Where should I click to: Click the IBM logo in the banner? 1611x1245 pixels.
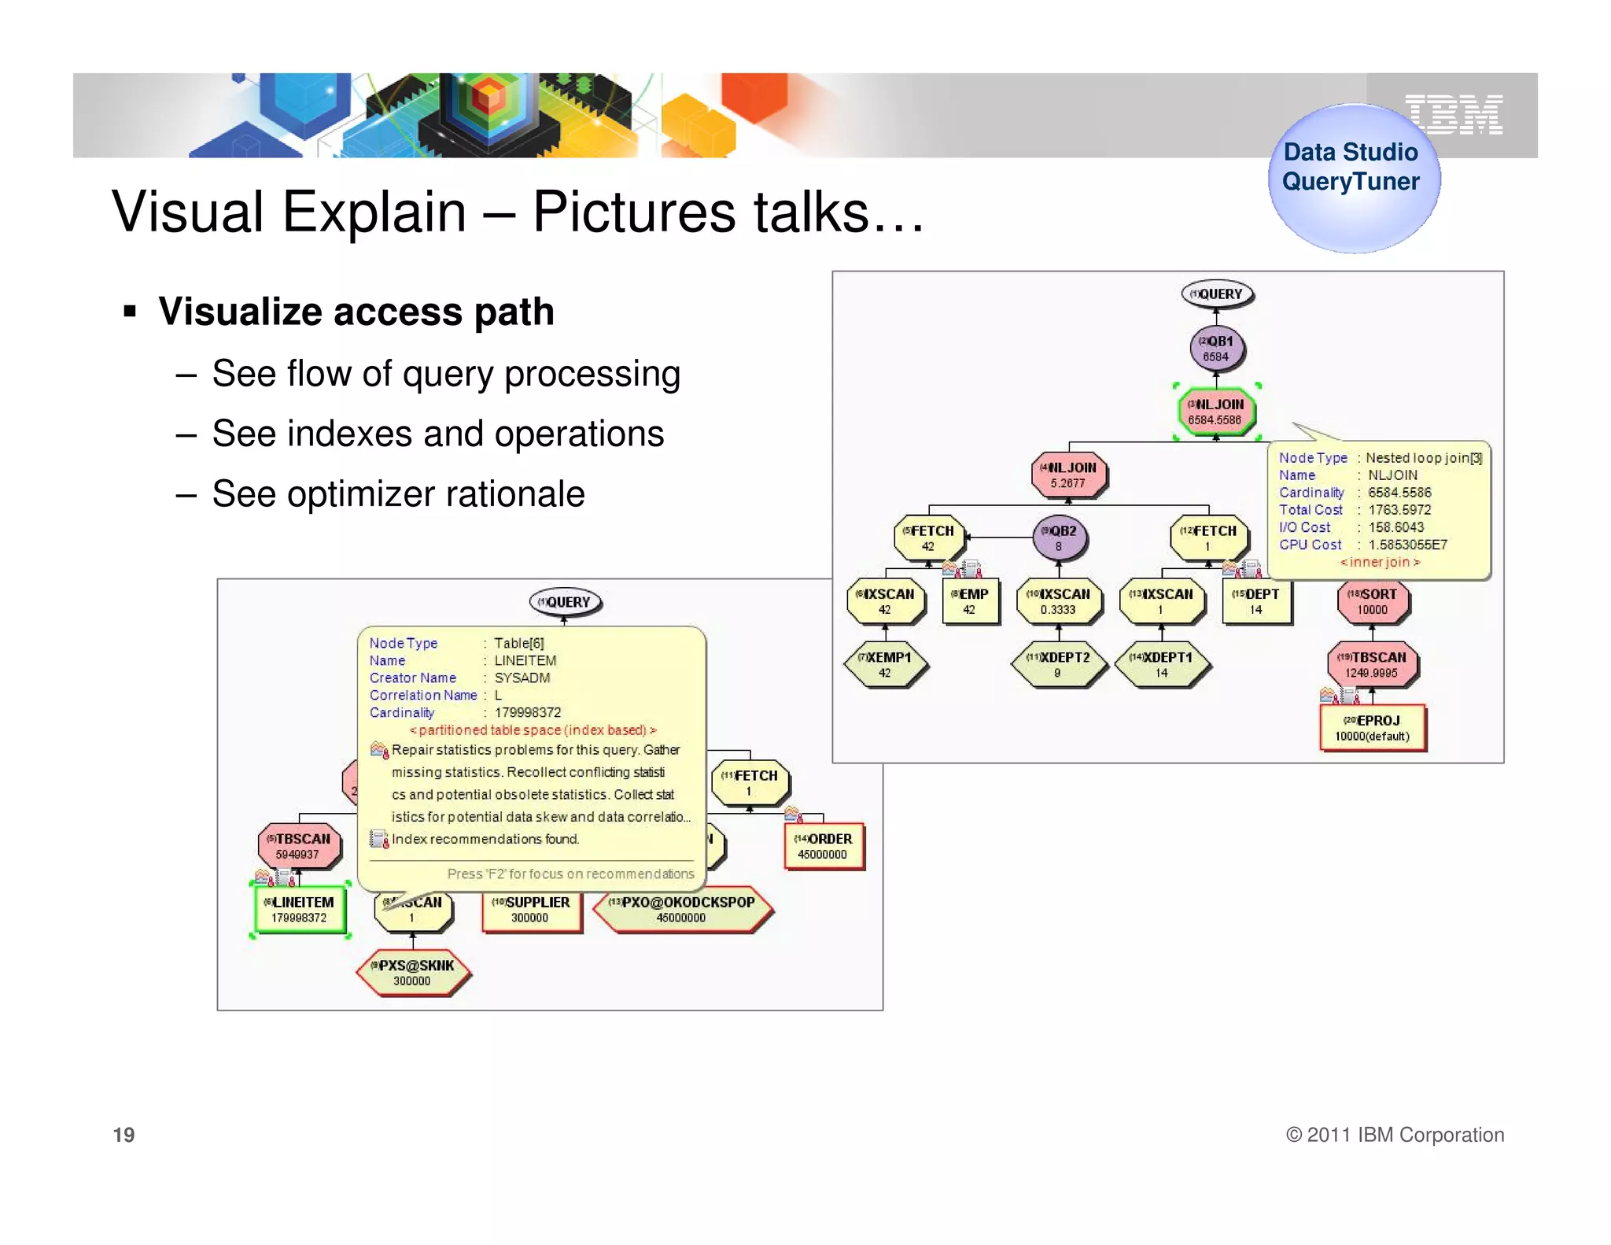[1454, 115]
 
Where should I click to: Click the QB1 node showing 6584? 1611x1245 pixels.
[1216, 349]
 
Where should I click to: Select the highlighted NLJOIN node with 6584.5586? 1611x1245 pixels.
[1216, 412]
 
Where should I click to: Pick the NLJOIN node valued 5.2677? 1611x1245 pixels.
[1068, 475]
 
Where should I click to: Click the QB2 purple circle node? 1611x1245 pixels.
[1059, 538]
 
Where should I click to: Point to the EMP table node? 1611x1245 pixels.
[970, 601]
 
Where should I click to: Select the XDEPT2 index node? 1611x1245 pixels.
[1058, 664]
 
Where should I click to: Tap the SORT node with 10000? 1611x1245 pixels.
[1373, 601]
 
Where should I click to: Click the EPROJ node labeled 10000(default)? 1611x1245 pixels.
[1373, 728]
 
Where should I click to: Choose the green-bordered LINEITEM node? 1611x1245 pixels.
[300, 910]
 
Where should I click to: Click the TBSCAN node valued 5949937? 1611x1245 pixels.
[299, 846]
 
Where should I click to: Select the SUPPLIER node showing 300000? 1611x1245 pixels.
[531, 910]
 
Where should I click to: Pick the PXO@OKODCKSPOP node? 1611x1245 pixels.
[681, 910]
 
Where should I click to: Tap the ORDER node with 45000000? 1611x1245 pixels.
[824, 846]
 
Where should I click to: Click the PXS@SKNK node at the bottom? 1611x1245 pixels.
[413, 973]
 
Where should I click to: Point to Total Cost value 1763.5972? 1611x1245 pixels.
[1399, 510]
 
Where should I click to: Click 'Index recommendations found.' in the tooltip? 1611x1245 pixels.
[485, 839]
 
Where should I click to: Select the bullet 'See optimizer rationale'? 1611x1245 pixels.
[398, 494]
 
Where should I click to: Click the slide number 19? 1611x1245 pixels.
[124, 1135]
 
